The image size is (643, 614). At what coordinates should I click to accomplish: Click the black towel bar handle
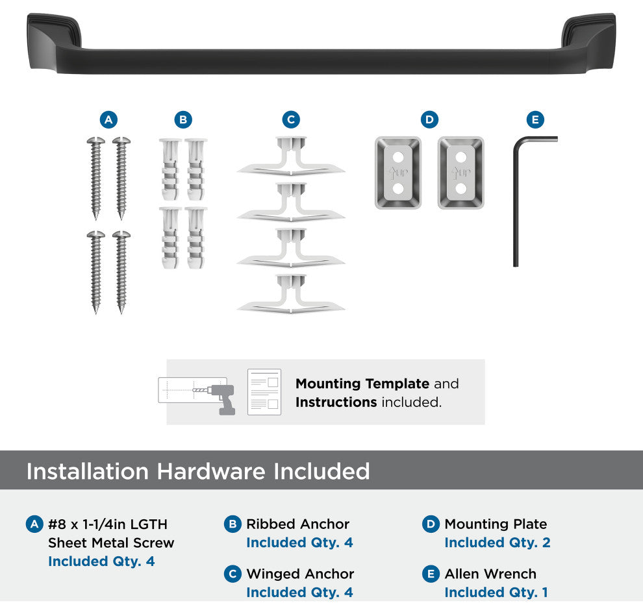point(321,62)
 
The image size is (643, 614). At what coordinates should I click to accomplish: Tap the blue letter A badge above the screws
point(108,119)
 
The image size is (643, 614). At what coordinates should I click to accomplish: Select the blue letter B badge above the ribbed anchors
point(183,119)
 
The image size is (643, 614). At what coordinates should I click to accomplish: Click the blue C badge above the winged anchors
point(291,119)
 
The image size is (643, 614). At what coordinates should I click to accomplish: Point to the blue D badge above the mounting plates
point(430,119)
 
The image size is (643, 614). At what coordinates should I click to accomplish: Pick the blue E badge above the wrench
point(536,119)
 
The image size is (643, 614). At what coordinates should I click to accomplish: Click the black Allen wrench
point(516,201)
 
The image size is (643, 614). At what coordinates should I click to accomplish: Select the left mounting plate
point(397,173)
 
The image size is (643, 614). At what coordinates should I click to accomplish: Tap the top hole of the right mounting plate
point(461,157)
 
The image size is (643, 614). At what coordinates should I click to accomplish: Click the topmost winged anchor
point(291,157)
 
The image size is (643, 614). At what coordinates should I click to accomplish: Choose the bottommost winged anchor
point(291,294)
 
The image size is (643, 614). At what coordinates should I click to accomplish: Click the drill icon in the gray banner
point(221,399)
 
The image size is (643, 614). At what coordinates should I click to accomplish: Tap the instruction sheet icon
point(264,392)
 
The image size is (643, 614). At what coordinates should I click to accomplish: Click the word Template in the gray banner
point(397,384)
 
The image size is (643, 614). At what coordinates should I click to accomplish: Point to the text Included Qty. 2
point(498,542)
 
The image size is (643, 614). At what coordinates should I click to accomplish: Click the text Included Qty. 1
point(496,593)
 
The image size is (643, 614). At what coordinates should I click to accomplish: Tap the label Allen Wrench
point(490,574)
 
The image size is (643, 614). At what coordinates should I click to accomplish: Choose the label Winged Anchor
point(300,574)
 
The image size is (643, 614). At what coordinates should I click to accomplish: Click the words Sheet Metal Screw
point(111,543)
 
